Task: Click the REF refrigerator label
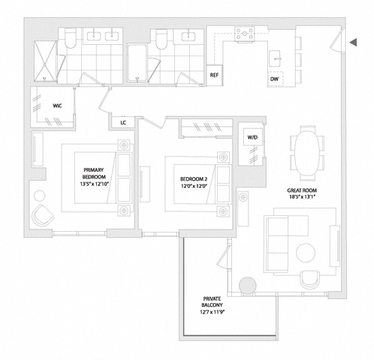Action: [x=214, y=75]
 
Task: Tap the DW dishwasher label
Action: [x=274, y=79]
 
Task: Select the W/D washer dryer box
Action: [x=253, y=137]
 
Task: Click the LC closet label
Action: [x=123, y=123]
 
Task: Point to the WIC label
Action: [x=57, y=106]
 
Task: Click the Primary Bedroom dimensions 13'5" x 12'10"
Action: [x=94, y=184]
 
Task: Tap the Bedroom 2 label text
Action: [x=194, y=179]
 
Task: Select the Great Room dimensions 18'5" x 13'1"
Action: [x=302, y=196]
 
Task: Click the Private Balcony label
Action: [x=212, y=302]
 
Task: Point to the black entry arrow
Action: [x=353, y=42]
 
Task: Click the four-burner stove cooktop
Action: [x=245, y=34]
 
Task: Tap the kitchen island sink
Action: [x=276, y=58]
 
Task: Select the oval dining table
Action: [x=307, y=153]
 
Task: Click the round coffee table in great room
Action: [x=306, y=253]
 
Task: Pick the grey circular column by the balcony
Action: [x=248, y=286]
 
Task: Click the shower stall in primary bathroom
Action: [x=45, y=61]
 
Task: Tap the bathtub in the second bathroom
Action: [x=137, y=63]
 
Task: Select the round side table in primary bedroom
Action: [x=40, y=196]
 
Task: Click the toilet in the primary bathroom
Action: [x=70, y=38]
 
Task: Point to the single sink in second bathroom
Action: [x=189, y=37]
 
